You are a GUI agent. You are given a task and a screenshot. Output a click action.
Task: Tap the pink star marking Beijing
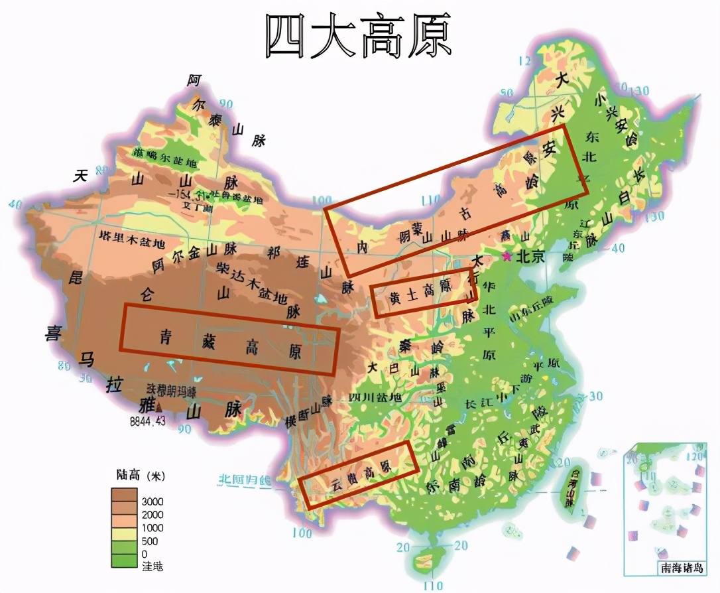(x=508, y=257)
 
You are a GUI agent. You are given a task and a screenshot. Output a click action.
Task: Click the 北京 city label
(x=530, y=257)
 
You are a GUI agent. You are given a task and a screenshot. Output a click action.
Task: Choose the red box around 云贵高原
(x=359, y=474)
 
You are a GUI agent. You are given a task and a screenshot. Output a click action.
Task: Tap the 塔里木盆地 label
(x=131, y=237)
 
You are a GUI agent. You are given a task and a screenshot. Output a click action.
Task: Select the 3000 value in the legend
(x=152, y=501)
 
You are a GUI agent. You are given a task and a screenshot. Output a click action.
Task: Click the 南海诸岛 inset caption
(x=681, y=568)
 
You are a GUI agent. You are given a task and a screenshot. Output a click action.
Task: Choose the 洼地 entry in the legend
(x=152, y=566)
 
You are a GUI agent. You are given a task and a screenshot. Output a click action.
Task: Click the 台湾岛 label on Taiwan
(x=568, y=487)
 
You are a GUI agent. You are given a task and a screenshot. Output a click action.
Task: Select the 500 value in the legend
(x=150, y=541)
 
